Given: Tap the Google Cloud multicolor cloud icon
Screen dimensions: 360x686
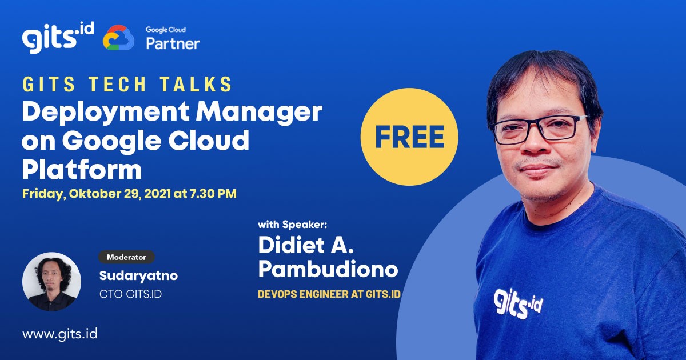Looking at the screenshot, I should pyautogui.click(x=118, y=38).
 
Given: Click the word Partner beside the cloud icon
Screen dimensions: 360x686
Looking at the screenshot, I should pyautogui.click(x=173, y=43).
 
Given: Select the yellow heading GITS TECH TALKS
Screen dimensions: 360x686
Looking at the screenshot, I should pyautogui.click(x=127, y=85).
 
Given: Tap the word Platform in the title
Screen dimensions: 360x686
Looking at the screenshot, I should pyautogui.click(x=82, y=169).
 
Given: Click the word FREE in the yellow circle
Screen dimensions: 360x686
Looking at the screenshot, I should pyautogui.click(x=410, y=137).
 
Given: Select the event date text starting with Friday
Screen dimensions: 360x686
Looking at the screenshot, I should pyautogui.click(x=129, y=194).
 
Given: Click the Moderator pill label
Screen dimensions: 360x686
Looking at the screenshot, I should pyautogui.click(x=126, y=257).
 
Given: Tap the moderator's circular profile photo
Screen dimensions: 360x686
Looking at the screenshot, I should pyautogui.click(x=51, y=282).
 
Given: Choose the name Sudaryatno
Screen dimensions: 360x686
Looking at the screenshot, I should pyautogui.click(x=138, y=276).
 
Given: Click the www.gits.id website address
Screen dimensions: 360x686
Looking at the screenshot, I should pyautogui.click(x=60, y=334).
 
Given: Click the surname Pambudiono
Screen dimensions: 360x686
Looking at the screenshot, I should pyautogui.click(x=328, y=269).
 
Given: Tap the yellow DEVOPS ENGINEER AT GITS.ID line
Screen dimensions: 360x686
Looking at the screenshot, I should pyautogui.click(x=329, y=294).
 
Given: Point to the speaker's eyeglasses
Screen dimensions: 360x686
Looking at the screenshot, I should pyautogui.click(x=540, y=127).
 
